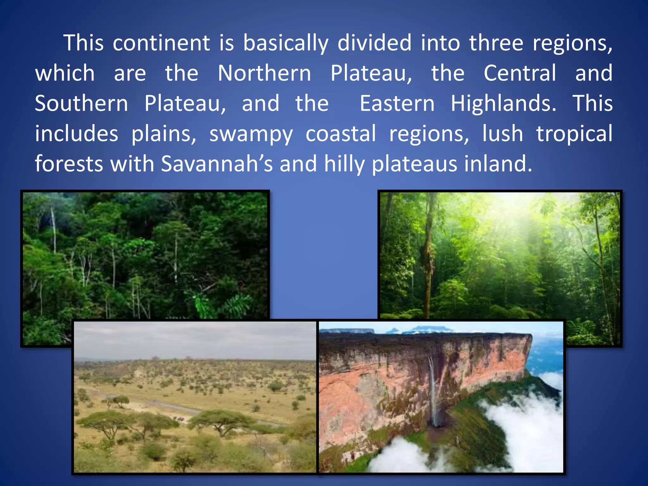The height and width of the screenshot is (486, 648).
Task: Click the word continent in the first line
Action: point(161,43)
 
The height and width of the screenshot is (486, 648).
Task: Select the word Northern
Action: point(264,73)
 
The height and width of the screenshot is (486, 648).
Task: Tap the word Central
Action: point(520,73)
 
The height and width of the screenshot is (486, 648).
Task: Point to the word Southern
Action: point(81,104)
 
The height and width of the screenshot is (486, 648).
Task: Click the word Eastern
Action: point(397,104)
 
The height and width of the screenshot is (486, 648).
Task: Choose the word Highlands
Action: point(503,104)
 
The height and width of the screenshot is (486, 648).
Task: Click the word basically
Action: point(286,44)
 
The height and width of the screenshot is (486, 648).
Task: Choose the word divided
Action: point(374,43)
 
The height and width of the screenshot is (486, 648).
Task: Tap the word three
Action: point(496,43)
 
